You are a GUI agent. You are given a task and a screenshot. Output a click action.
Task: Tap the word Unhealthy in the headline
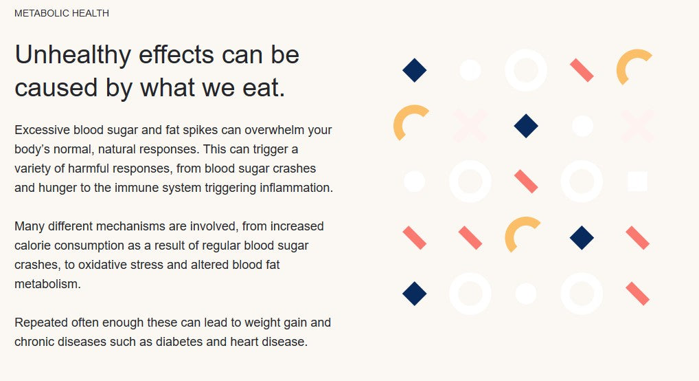click(73, 56)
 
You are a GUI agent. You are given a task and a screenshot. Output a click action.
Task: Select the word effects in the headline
click(176, 55)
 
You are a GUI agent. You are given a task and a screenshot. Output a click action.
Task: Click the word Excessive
click(42, 130)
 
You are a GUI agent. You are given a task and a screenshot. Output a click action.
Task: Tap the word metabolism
click(47, 283)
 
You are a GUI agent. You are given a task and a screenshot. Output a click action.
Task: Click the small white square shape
click(637, 182)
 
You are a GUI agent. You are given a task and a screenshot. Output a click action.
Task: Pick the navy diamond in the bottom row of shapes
click(415, 294)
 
